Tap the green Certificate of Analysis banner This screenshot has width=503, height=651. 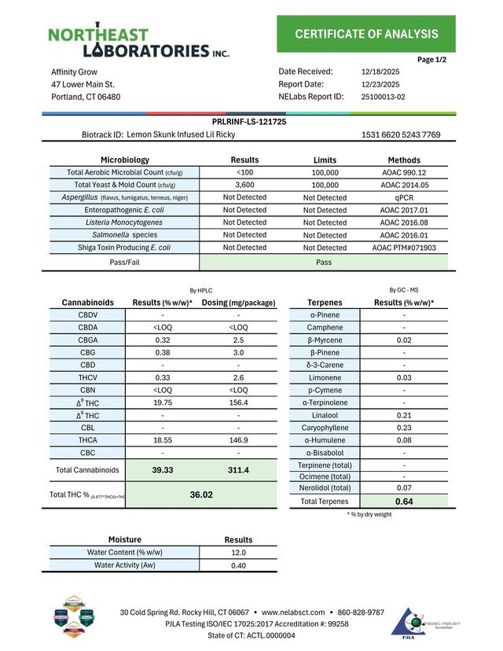365,34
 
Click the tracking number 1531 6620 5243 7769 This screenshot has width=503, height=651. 401,135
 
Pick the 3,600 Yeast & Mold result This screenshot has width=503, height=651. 244,185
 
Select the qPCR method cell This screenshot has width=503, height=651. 404,197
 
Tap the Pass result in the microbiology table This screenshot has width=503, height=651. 324,262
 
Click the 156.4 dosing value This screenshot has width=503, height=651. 237,403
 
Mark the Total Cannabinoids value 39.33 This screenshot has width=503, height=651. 163,470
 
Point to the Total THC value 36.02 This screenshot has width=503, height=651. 202,495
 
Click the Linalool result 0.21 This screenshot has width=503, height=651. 404,415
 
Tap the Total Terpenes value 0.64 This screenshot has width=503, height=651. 404,502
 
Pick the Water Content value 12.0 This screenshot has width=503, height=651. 238,553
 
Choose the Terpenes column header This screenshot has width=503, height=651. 325,302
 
